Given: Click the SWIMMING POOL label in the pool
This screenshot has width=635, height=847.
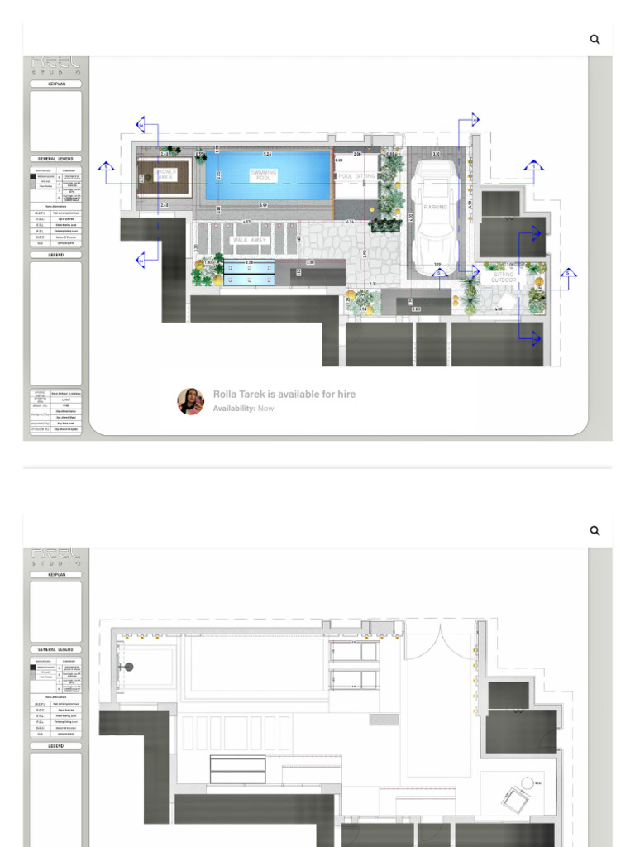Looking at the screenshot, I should pos(264,175).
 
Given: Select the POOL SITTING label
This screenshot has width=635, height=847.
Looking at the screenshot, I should pos(356,176).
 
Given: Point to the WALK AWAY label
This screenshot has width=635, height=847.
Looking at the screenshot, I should pos(249,240).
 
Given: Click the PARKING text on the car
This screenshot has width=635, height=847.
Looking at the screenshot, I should pos(436,208).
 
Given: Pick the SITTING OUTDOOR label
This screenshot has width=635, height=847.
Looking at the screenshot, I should pos(504,277).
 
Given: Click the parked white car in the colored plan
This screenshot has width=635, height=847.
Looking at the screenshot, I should pos(435,211).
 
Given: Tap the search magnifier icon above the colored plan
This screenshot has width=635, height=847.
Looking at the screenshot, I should pos(594,39).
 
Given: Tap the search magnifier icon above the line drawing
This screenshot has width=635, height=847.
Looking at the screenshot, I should pos(594,530).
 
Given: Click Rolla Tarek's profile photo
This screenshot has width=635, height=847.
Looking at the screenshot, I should pos(190,401).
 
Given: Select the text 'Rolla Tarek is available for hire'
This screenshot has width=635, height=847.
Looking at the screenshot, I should pos(284,395).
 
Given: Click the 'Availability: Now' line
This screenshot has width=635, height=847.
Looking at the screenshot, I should pos(243,409).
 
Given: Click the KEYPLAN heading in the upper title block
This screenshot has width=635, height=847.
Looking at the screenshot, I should pos(56,84).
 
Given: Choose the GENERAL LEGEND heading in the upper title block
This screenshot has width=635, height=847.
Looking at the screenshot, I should pos(56,158).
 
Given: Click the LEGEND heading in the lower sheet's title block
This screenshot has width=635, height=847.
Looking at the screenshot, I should pos(56,745).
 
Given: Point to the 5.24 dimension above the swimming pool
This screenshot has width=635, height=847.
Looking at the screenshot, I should pos(267,155).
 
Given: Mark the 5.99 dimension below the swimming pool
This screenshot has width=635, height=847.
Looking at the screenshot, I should pos(263,205).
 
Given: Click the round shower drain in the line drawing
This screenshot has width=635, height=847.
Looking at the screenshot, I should pos(129,667).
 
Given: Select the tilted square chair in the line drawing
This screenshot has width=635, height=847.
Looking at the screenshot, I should pos(513,797).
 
